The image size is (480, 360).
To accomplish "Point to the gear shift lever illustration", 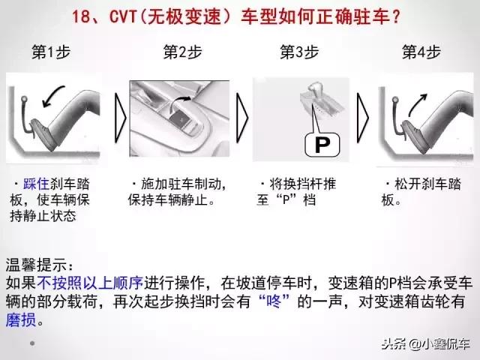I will [x=317, y=105].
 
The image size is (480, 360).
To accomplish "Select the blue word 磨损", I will [x=21, y=319].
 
